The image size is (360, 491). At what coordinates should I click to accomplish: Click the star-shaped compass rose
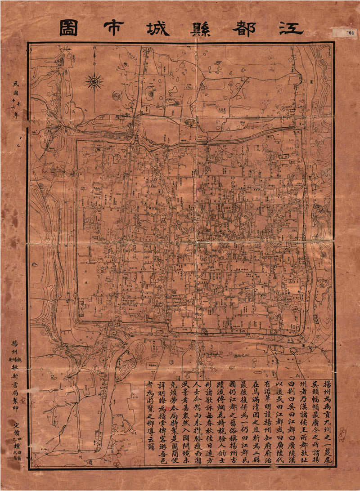point(94,82)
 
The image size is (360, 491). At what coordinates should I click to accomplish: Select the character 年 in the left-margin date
point(17,114)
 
